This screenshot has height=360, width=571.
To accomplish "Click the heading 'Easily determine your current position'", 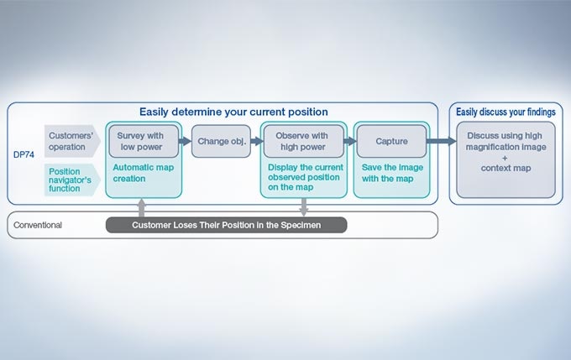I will tap(233, 112).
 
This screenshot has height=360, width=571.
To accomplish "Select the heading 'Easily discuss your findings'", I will tap(505, 112).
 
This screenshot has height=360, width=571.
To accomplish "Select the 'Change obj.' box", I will tap(222, 141).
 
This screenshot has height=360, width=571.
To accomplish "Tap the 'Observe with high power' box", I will tap(301, 141).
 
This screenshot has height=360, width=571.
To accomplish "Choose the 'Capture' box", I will tap(391, 141).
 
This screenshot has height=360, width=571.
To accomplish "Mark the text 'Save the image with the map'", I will tap(392, 173).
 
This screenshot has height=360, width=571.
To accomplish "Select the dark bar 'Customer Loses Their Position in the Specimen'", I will tap(227, 225).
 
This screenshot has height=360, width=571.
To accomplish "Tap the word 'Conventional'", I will tap(38, 225).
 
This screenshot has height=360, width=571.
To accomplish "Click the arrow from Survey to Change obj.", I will tap(185, 141).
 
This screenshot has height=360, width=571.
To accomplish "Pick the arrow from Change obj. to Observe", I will tap(257, 141).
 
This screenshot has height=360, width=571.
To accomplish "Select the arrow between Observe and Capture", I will tap(350, 141).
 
